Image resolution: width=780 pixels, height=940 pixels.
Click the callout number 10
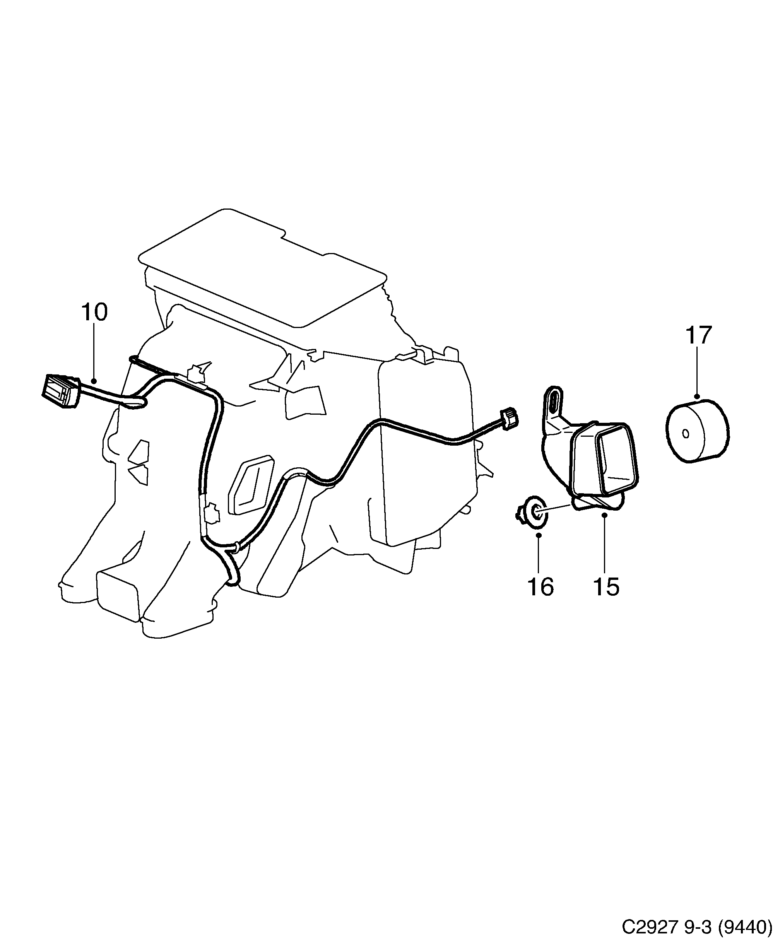(94, 312)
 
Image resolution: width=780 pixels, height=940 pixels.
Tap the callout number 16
(541, 586)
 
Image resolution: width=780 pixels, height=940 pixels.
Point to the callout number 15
(606, 586)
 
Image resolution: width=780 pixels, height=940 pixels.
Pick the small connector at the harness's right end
(510, 419)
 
